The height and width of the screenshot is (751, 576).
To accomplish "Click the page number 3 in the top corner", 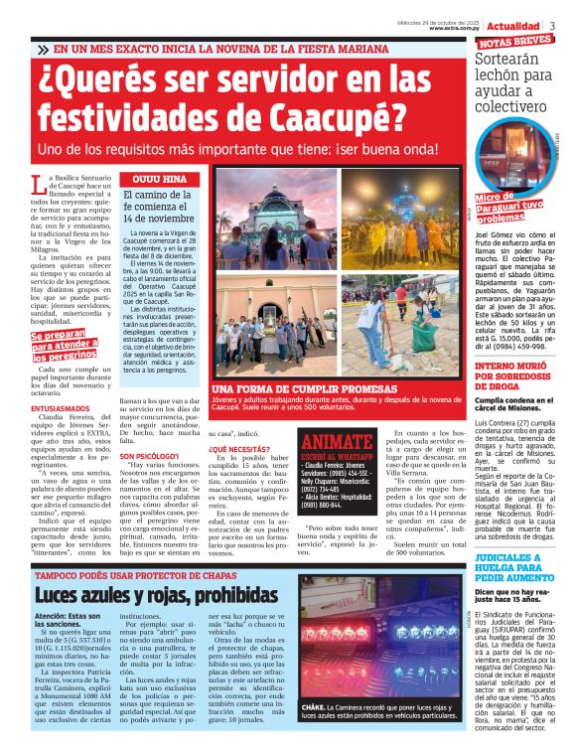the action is pos(552,26).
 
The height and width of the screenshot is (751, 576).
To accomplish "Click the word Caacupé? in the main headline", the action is pos(333,118).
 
